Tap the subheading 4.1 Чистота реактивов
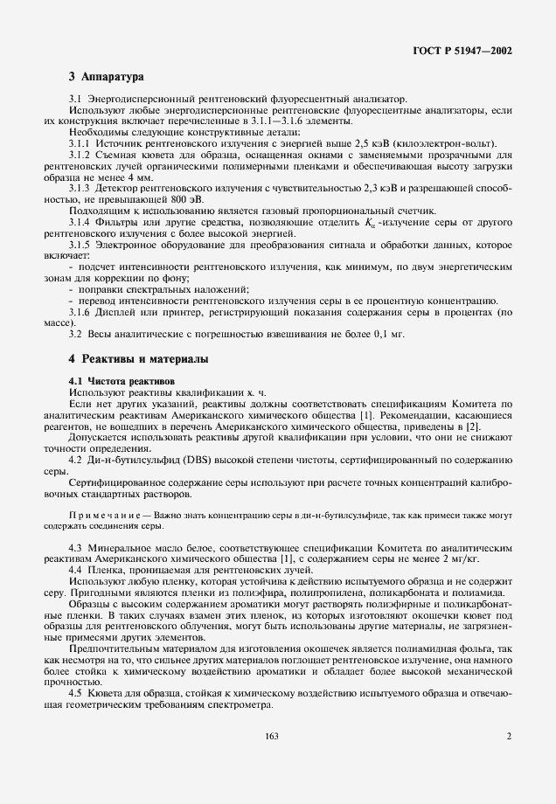click(122, 382)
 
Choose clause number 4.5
click(75, 693)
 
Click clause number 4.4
click(75, 570)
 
